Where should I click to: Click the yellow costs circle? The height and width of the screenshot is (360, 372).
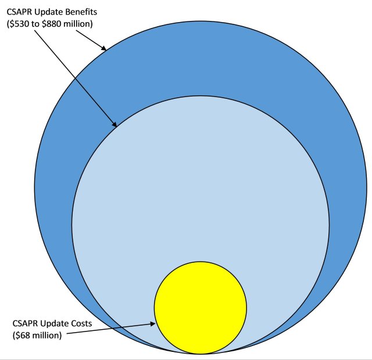(x=201, y=308)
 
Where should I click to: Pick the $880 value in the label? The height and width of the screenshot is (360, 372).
(x=51, y=24)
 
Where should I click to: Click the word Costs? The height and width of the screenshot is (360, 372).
(x=81, y=323)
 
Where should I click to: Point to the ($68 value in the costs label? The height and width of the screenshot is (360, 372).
(x=21, y=336)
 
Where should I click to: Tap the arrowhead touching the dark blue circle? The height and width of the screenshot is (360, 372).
(x=103, y=48)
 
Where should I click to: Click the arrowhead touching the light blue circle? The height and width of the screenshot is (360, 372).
(x=114, y=124)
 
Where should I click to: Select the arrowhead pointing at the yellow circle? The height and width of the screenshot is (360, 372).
(x=152, y=324)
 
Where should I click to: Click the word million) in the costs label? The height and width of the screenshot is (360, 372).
(x=46, y=336)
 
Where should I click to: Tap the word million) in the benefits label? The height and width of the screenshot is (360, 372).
(x=77, y=24)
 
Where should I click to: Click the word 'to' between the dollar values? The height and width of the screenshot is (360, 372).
(x=35, y=24)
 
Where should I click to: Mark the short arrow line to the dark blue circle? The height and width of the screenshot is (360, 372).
(x=91, y=41)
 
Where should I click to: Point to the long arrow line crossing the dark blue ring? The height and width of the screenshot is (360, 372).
(x=76, y=79)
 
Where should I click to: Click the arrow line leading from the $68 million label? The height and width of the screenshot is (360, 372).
(x=111, y=329)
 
